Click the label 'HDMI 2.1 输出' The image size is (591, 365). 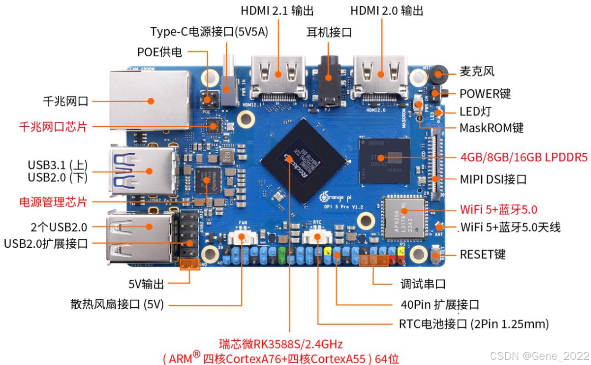[x=277, y=10]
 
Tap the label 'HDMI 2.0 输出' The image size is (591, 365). [x=387, y=10]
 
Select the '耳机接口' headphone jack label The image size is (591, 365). [x=329, y=32]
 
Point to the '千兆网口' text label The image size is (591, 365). [x=66, y=101]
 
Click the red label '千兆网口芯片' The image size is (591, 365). [x=53, y=126]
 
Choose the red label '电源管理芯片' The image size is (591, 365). [x=53, y=201]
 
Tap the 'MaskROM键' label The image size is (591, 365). [x=492, y=128]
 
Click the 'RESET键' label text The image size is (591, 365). [x=483, y=254]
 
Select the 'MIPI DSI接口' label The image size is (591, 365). [x=493, y=179]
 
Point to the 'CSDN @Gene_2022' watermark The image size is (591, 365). [x=539, y=355]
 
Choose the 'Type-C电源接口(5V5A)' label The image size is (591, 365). [x=209, y=32]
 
